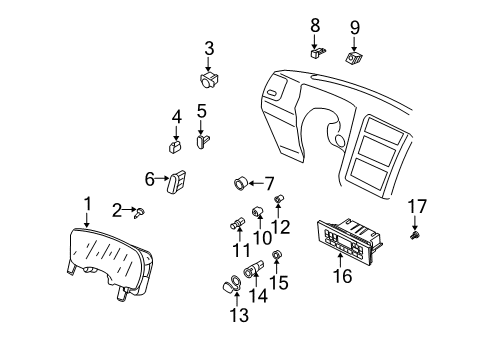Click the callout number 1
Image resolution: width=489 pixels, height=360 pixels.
pyautogui.click(x=87, y=204)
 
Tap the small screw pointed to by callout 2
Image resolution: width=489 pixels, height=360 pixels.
pyautogui.click(x=140, y=212)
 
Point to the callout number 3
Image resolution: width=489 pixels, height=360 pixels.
pyautogui.click(x=209, y=48)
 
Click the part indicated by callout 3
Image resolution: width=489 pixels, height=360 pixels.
pyautogui.click(x=209, y=79)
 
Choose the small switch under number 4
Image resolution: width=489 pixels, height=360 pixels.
pyautogui.click(x=175, y=146)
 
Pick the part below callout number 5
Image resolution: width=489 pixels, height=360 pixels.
pyautogui.click(x=202, y=141)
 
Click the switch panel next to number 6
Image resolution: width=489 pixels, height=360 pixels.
pyautogui.click(x=176, y=181)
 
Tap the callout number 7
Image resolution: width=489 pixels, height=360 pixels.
pyautogui.click(x=269, y=184)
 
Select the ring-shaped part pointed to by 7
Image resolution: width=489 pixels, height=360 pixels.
pyautogui.click(x=240, y=184)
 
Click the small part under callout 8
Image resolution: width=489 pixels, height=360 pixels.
pyautogui.click(x=318, y=53)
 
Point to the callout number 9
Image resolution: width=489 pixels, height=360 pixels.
pyautogui.click(x=355, y=28)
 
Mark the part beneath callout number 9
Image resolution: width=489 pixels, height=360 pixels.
pyautogui.click(x=354, y=58)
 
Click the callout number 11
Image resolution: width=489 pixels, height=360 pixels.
pyautogui.click(x=241, y=250)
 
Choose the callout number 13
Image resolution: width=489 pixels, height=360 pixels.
pyautogui.click(x=239, y=315)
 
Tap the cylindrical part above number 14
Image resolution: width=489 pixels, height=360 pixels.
pyautogui.click(x=254, y=269)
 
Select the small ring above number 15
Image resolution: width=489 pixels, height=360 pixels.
pyautogui.click(x=277, y=255)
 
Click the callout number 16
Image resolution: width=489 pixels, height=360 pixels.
pyautogui.click(x=342, y=276)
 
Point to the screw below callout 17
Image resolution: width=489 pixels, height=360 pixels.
pyautogui.click(x=415, y=235)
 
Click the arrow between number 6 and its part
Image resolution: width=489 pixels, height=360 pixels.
pyautogui.click(x=162, y=178)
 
